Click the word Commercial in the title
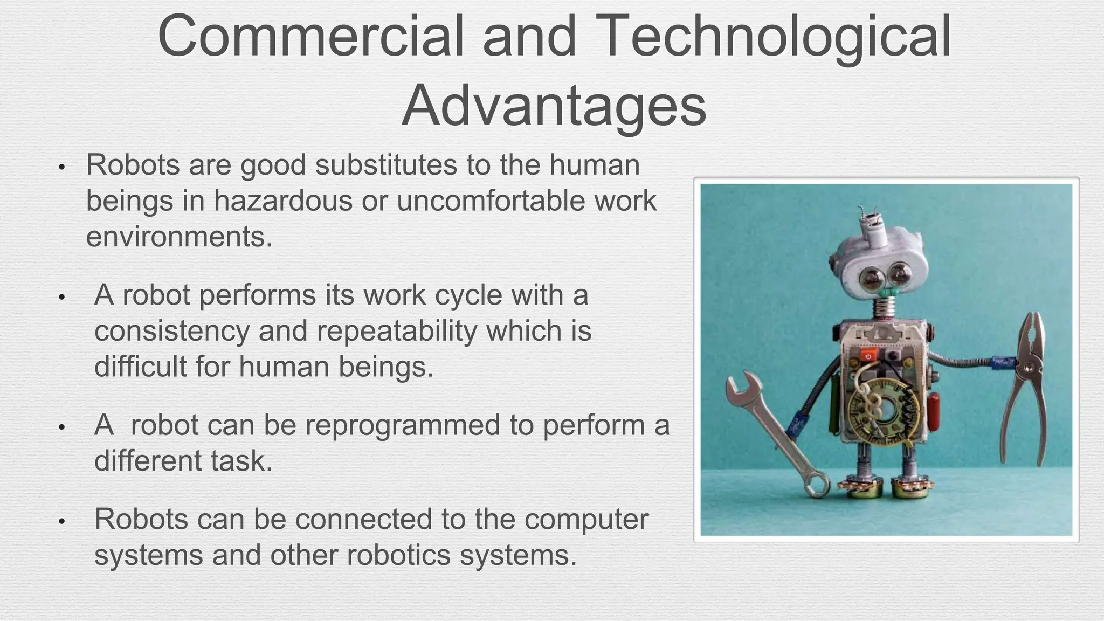[x=310, y=37]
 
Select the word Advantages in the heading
[x=554, y=106]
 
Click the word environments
[x=179, y=237]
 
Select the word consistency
[x=171, y=330]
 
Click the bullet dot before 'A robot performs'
[x=62, y=297]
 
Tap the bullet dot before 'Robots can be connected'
[x=62, y=522]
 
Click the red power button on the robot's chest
[x=868, y=356]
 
